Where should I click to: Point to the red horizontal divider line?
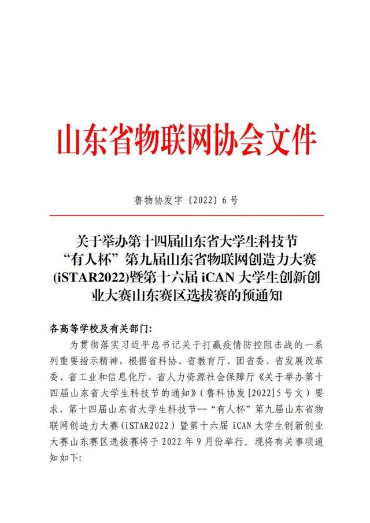(x=185, y=215)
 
